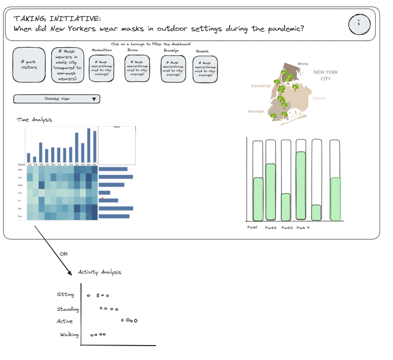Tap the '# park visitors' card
[x=29, y=64]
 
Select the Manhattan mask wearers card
[x=102, y=69]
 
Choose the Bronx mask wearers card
[x=137, y=69]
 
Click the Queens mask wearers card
[x=205, y=69]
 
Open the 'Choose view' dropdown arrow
[x=94, y=99]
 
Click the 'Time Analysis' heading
[x=34, y=120]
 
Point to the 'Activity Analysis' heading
[x=100, y=272]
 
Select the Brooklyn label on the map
[x=256, y=112]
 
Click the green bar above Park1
[x=258, y=199]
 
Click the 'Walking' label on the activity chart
[x=69, y=335]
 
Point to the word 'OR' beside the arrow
[x=63, y=254]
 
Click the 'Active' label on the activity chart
[x=65, y=321]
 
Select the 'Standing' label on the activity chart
[x=68, y=309]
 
